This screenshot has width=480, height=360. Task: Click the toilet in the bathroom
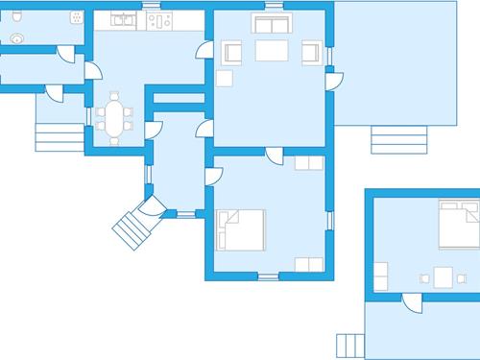[x=17, y=38]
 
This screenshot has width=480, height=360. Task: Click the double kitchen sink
[x=123, y=19]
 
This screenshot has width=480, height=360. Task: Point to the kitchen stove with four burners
[x=159, y=19]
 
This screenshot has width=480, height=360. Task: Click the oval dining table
[x=114, y=120]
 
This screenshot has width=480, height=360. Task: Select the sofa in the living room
[x=269, y=25]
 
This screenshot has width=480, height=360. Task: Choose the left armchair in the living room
[x=230, y=53]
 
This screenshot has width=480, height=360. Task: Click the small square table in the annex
[x=443, y=276]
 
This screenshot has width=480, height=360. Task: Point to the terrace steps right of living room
[x=391, y=142]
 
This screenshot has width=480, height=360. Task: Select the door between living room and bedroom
[x=273, y=157]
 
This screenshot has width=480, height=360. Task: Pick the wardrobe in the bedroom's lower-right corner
[x=308, y=263]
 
